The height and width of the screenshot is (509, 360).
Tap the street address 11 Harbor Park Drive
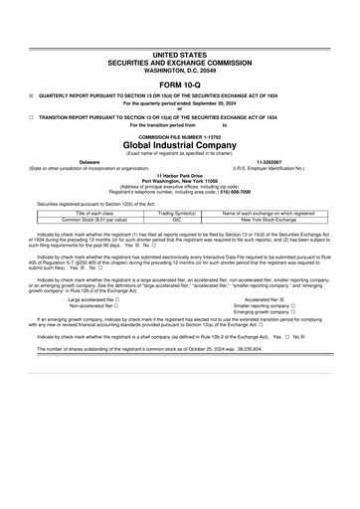coord(180,172)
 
